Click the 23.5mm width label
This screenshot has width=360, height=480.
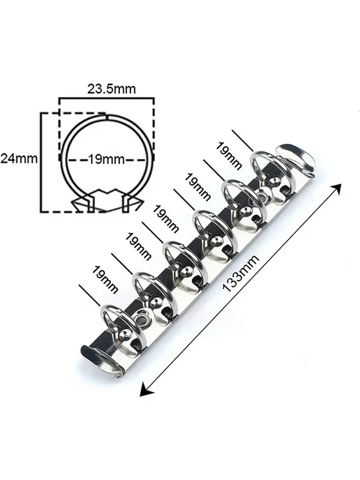(x=112, y=89)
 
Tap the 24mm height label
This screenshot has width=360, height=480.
(x=19, y=158)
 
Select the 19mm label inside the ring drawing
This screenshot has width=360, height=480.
(x=107, y=160)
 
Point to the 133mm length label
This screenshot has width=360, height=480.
(x=241, y=273)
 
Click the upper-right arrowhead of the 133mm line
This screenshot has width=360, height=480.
(x=338, y=188)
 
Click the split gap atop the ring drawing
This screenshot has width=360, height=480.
(x=107, y=116)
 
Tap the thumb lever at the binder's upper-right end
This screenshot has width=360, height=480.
(x=295, y=158)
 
